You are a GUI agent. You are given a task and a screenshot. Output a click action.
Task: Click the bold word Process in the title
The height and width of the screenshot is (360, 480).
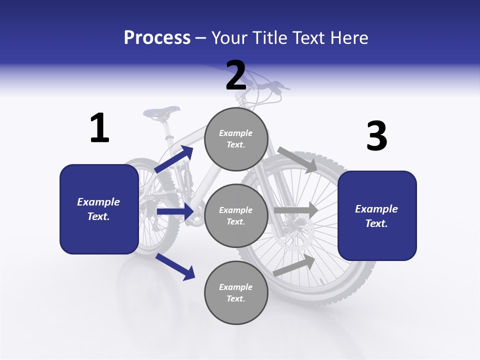click(x=157, y=38)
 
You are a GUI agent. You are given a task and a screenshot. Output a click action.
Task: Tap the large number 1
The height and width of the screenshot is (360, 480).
click(x=99, y=128)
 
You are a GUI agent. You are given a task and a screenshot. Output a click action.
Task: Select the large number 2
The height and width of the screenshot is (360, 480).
click(x=236, y=75)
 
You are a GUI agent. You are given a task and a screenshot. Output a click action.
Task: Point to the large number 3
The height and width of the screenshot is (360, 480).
click(x=376, y=136)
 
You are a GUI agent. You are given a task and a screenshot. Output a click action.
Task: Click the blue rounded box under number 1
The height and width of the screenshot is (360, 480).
click(x=99, y=209)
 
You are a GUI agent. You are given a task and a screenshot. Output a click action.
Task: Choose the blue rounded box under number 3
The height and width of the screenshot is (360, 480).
click(x=377, y=216)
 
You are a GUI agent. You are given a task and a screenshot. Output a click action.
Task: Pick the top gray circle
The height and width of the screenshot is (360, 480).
click(x=236, y=139)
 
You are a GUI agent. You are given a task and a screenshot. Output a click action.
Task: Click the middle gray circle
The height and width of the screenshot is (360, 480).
click(x=236, y=216)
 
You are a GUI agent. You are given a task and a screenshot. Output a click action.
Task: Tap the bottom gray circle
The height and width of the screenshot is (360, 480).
click(x=236, y=292)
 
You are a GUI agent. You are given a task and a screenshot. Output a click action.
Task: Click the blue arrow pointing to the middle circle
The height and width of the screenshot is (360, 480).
click(x=175, y=211)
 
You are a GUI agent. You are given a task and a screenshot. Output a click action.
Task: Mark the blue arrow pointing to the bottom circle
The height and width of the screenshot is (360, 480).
click(x=175, y=266)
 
